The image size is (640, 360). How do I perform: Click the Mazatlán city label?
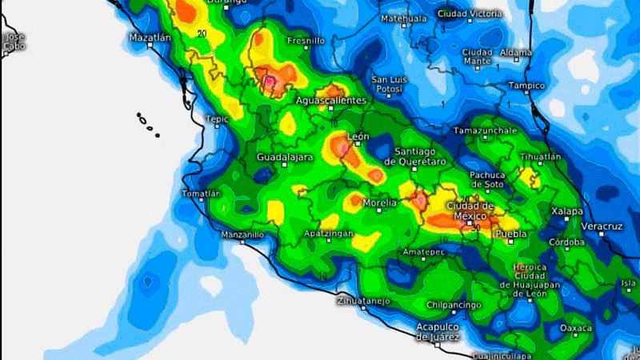pyautogui.click(x=150, y=38)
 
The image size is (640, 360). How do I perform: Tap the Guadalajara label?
pyautogui.click(x=284, y=158)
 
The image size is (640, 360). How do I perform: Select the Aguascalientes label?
pyautogui.click(x=331, y=101)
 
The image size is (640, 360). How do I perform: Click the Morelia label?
pyautogui.click(x=380, y=203)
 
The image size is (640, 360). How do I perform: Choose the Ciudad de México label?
pyautogui.click(x=470, y=211)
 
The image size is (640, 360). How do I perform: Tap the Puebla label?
pyautogui.click(x=510, y=234)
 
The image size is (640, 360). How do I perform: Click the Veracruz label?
pyautogui.click(x=601, y=226)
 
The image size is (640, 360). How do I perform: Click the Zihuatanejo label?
pyautogui.click(x=364, y=302)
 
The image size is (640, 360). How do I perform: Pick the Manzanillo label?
pyautogui.click(x=242, y=235)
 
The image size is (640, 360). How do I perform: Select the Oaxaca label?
pyautogui.click(x=576, y=328)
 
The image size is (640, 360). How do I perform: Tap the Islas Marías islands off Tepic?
pyautogui.click(x=146, y=121)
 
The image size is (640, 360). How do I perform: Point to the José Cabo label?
pyautogui.click(x=14, y=42)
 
